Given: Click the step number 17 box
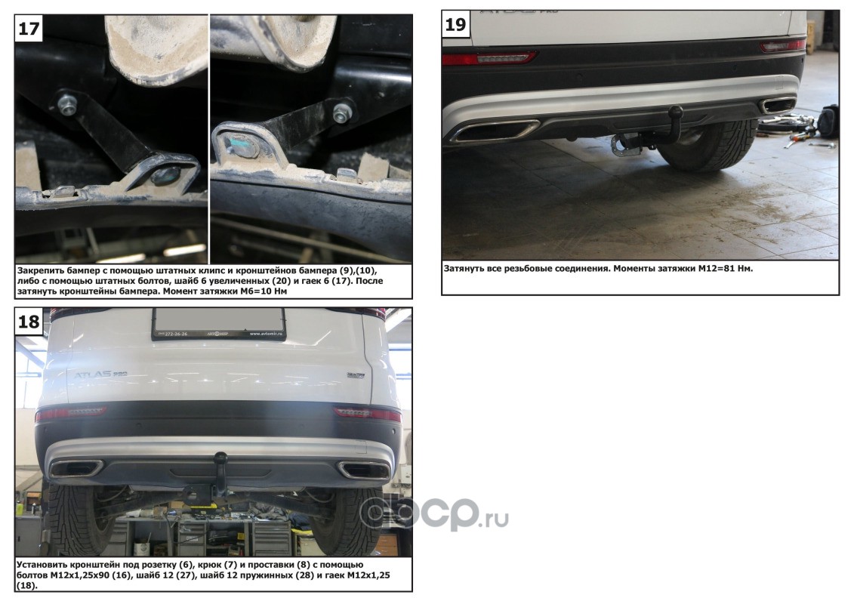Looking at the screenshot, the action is pos(29,28).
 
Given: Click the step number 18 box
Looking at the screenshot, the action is pos(29,321).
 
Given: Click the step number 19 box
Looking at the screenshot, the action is pos(456,24).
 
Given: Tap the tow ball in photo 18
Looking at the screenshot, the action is pos(220,458).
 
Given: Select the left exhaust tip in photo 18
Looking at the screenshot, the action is pos(76,468).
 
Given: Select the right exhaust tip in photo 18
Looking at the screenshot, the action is pos(363,470).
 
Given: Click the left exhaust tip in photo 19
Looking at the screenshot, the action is pos(495,131).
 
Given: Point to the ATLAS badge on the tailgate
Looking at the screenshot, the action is pos(100,374).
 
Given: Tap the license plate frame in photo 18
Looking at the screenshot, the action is pos(218,324).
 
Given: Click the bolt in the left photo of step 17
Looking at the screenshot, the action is pos(67,105).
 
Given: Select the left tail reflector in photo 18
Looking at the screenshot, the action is pos(71,414).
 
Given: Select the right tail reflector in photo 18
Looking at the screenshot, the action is pos(367,413).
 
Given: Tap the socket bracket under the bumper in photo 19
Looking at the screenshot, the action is pos(625,143).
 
